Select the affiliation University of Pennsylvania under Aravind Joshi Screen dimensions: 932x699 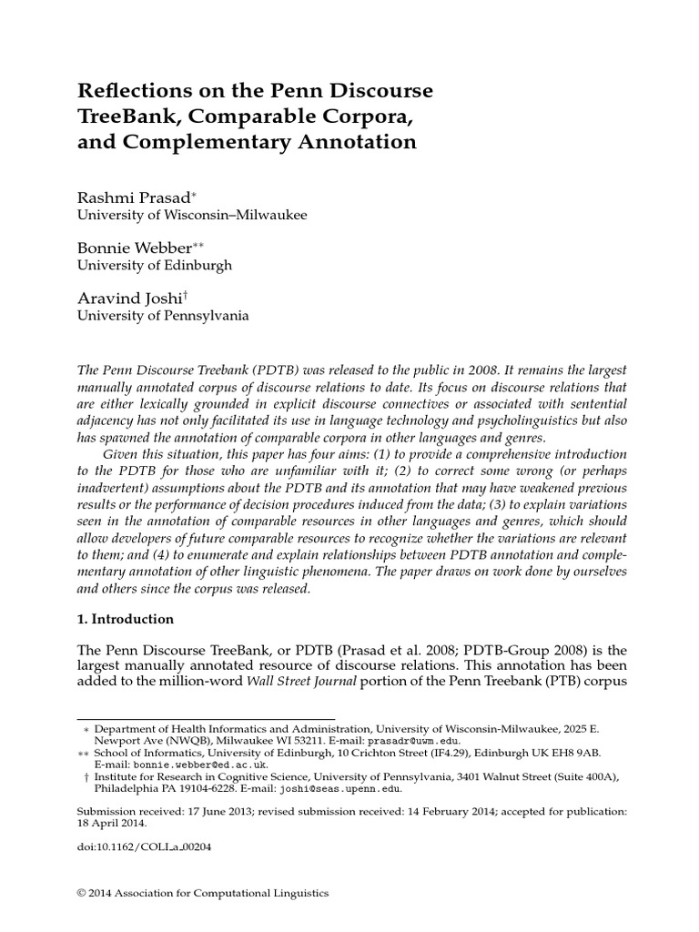[x=161, y=316]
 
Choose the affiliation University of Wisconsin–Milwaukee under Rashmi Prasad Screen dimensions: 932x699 [x=191, y=216]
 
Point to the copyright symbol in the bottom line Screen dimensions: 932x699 [x=81, y=894]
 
